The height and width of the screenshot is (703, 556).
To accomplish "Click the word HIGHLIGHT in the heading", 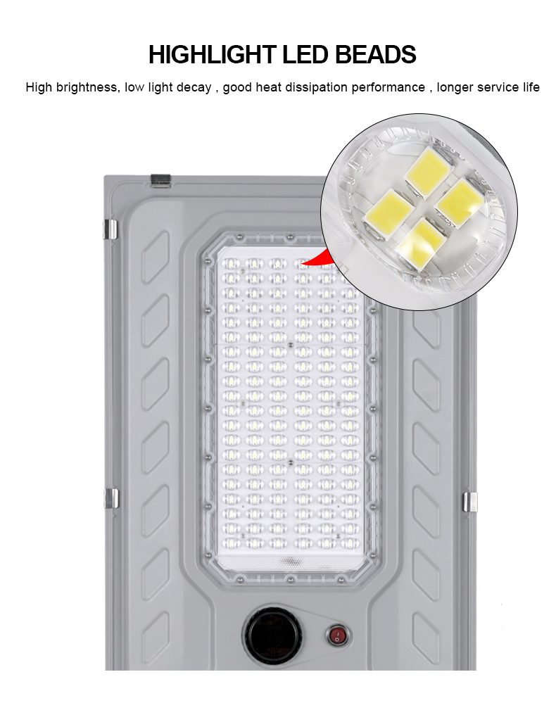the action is (x=212, y=54).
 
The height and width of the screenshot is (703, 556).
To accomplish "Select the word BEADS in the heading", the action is (x=376, y=54).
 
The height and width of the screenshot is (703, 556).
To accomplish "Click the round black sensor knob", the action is (x=272, y=635).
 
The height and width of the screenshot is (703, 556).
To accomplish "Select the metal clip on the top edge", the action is (x=160, y=180).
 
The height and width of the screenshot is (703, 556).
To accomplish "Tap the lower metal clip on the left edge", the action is (x=111, y=498).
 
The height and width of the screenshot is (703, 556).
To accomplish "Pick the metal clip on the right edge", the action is (x=470, y=502).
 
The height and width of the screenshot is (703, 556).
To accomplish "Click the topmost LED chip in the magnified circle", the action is (x=427, y=172).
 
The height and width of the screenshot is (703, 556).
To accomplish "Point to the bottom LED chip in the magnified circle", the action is (x=422, y=244).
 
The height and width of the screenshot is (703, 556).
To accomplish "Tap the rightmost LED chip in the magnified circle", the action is (x=459, y=203).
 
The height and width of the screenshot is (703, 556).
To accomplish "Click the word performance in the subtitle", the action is (x=388, y=87).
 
